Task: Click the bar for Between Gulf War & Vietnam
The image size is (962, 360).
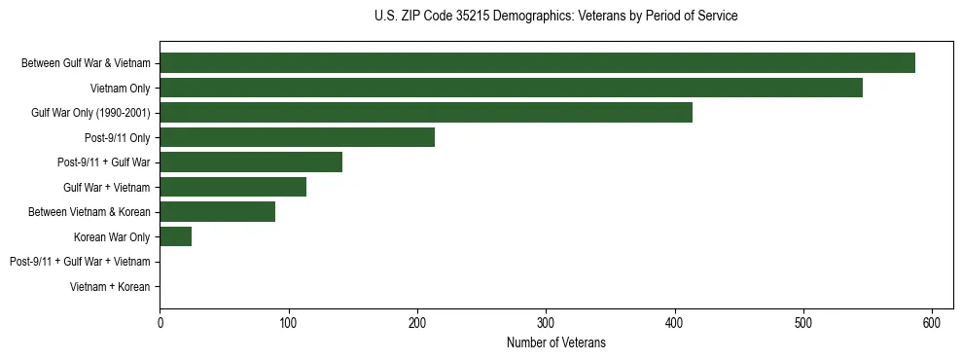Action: click(x=537, y=63)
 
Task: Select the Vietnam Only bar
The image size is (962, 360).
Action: click(x=511, y=88)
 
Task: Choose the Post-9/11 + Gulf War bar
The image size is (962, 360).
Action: click(x=251, y=162)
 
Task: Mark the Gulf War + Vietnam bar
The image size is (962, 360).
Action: click(x=232, y=187)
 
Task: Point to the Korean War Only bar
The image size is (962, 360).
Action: click(x=175, y=236)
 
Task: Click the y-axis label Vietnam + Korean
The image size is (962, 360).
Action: click(x=110, y=287)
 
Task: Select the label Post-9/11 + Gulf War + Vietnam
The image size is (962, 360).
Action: click(x=80, y=262)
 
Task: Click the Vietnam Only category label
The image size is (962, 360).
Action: click(x=121, y=89)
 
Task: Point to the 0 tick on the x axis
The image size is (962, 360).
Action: click(x=160, y=322)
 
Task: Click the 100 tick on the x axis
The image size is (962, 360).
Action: click(x=288, y=322)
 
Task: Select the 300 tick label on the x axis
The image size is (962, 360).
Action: click(x=546, y=322)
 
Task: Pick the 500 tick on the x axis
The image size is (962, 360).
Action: click(x=803, y=322)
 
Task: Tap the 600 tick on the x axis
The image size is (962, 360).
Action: click(x=932, y=322)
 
